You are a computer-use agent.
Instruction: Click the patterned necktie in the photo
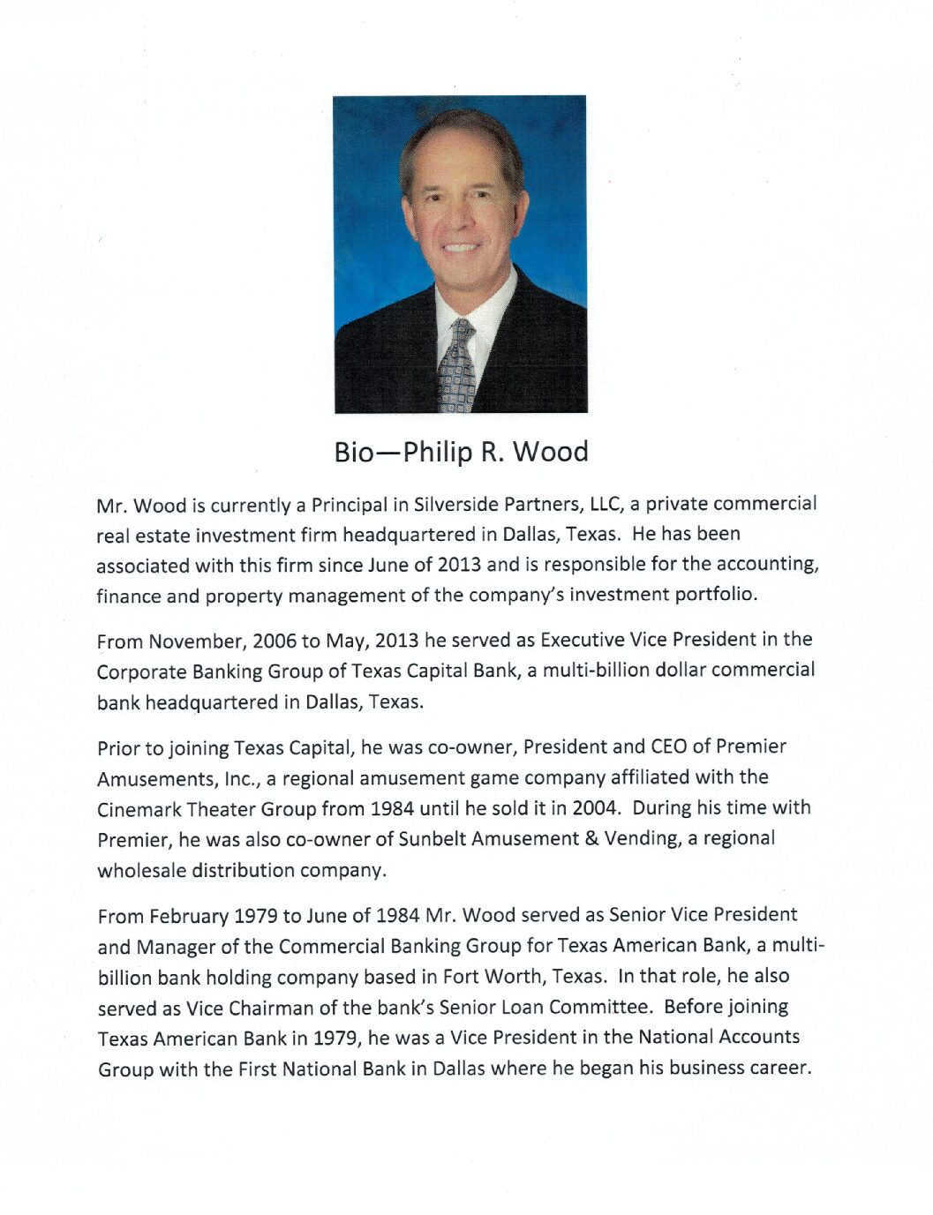(x=456, y=366)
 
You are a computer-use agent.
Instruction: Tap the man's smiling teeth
(x=460, y=247)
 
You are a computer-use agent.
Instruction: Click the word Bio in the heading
(x=354, y=453)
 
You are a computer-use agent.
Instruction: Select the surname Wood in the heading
(x=551, y=452)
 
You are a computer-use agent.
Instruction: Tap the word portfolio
(x=715, y=594)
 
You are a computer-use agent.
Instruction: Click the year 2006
(x=275, y=641)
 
